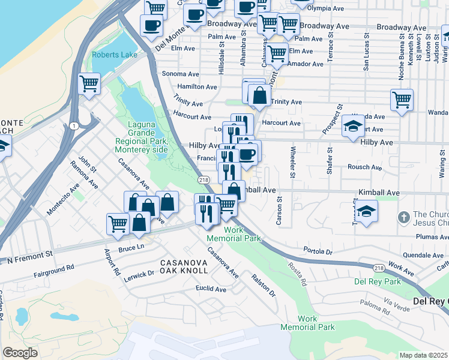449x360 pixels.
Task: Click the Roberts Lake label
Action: click(114, 55)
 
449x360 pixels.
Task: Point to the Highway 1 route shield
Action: click(73, 125)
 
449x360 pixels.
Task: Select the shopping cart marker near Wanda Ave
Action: click(402, 100)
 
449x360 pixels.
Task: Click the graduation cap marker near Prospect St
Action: click(353, 127)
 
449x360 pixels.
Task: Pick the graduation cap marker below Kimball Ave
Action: click(366, 211)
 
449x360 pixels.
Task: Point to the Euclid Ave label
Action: click(211, 289)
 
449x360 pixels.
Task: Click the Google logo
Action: click(20, 352)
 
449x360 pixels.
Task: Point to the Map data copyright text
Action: click(424, 355)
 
